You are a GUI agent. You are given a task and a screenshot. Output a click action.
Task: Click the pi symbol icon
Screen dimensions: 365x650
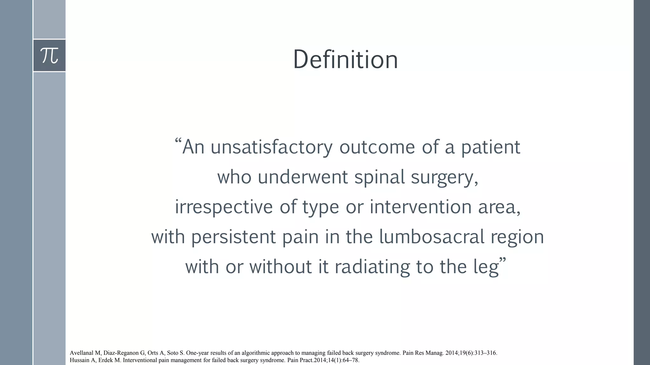click(50, 55)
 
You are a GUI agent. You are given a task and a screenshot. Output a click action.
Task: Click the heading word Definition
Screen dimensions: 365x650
click(345, 60)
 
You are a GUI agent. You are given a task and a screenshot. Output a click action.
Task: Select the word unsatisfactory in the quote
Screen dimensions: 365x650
click(271, 148)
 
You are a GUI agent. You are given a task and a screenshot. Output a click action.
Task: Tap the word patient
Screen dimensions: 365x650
click(490, 148)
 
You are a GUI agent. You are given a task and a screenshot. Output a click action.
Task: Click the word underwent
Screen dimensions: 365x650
click(302, 177)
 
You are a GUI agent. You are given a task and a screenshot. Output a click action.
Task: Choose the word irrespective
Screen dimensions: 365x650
click(224, 208)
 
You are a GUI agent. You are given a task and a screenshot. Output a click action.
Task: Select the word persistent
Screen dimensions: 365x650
click(233, 237)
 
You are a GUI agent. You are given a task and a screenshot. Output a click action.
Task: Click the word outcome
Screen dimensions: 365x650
click(377, 148)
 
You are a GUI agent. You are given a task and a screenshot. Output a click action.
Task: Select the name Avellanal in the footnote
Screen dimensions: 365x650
click(82, 353)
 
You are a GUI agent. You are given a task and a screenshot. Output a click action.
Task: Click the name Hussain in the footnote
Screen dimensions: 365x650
click(80, 360)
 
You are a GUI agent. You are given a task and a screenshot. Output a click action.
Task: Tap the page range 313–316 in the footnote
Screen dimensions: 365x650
click(486, 353)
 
